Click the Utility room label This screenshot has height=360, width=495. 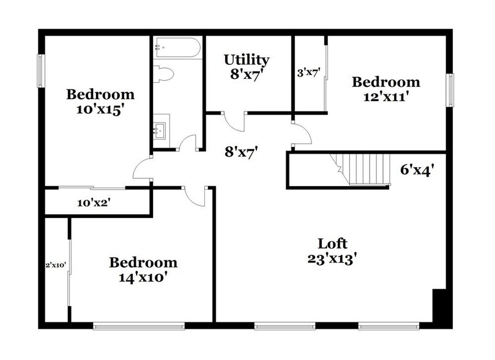[x=247, y=60]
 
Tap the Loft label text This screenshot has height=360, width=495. [x=332, y=242]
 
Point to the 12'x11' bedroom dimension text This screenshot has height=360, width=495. [x=385, y=96]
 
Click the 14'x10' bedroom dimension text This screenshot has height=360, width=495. [x=143, y=277]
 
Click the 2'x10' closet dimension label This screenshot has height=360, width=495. [x=56, y=265]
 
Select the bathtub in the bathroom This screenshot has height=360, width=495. [x=177, y=47]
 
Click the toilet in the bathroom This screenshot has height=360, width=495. [x=164, y=74]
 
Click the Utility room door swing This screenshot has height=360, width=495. [x=234, y=122]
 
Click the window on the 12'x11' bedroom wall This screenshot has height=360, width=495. [x=450, y=89]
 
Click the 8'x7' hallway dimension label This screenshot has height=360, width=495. [x=239, y=151]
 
